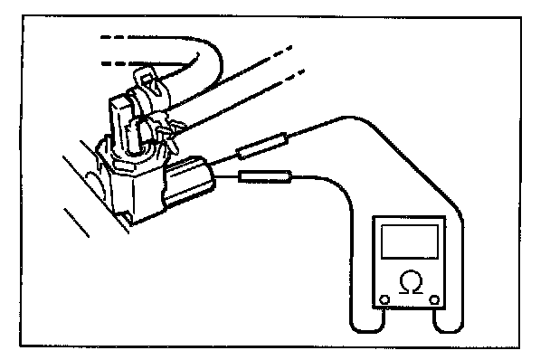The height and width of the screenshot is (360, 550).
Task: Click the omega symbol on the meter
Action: coord(411,281)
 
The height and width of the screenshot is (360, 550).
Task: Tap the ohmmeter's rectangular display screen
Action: coord(410,242)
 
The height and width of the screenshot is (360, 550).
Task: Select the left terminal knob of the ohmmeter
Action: coord(384,300)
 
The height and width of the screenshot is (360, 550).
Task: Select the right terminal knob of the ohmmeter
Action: coord(434,300)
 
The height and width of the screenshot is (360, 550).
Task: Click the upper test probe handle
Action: coord(262,147)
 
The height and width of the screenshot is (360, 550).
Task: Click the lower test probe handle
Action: coord(265,176)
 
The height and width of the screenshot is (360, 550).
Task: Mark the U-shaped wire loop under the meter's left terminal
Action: coord(366,331)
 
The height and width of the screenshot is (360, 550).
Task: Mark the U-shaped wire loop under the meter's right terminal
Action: coord(449,331)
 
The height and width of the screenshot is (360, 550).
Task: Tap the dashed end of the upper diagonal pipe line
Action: coord(283,52)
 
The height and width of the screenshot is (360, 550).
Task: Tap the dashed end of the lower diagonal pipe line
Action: coord(295,75)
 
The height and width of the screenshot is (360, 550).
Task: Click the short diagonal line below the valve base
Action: coord(77,223)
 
